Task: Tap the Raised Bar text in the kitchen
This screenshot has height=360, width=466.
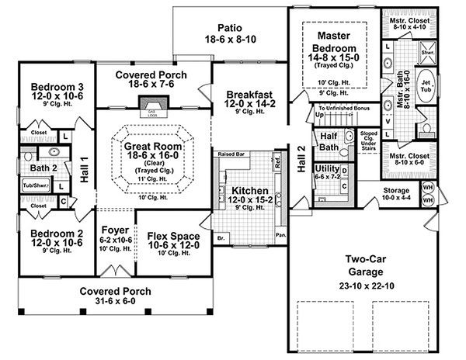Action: click(232, 154)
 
